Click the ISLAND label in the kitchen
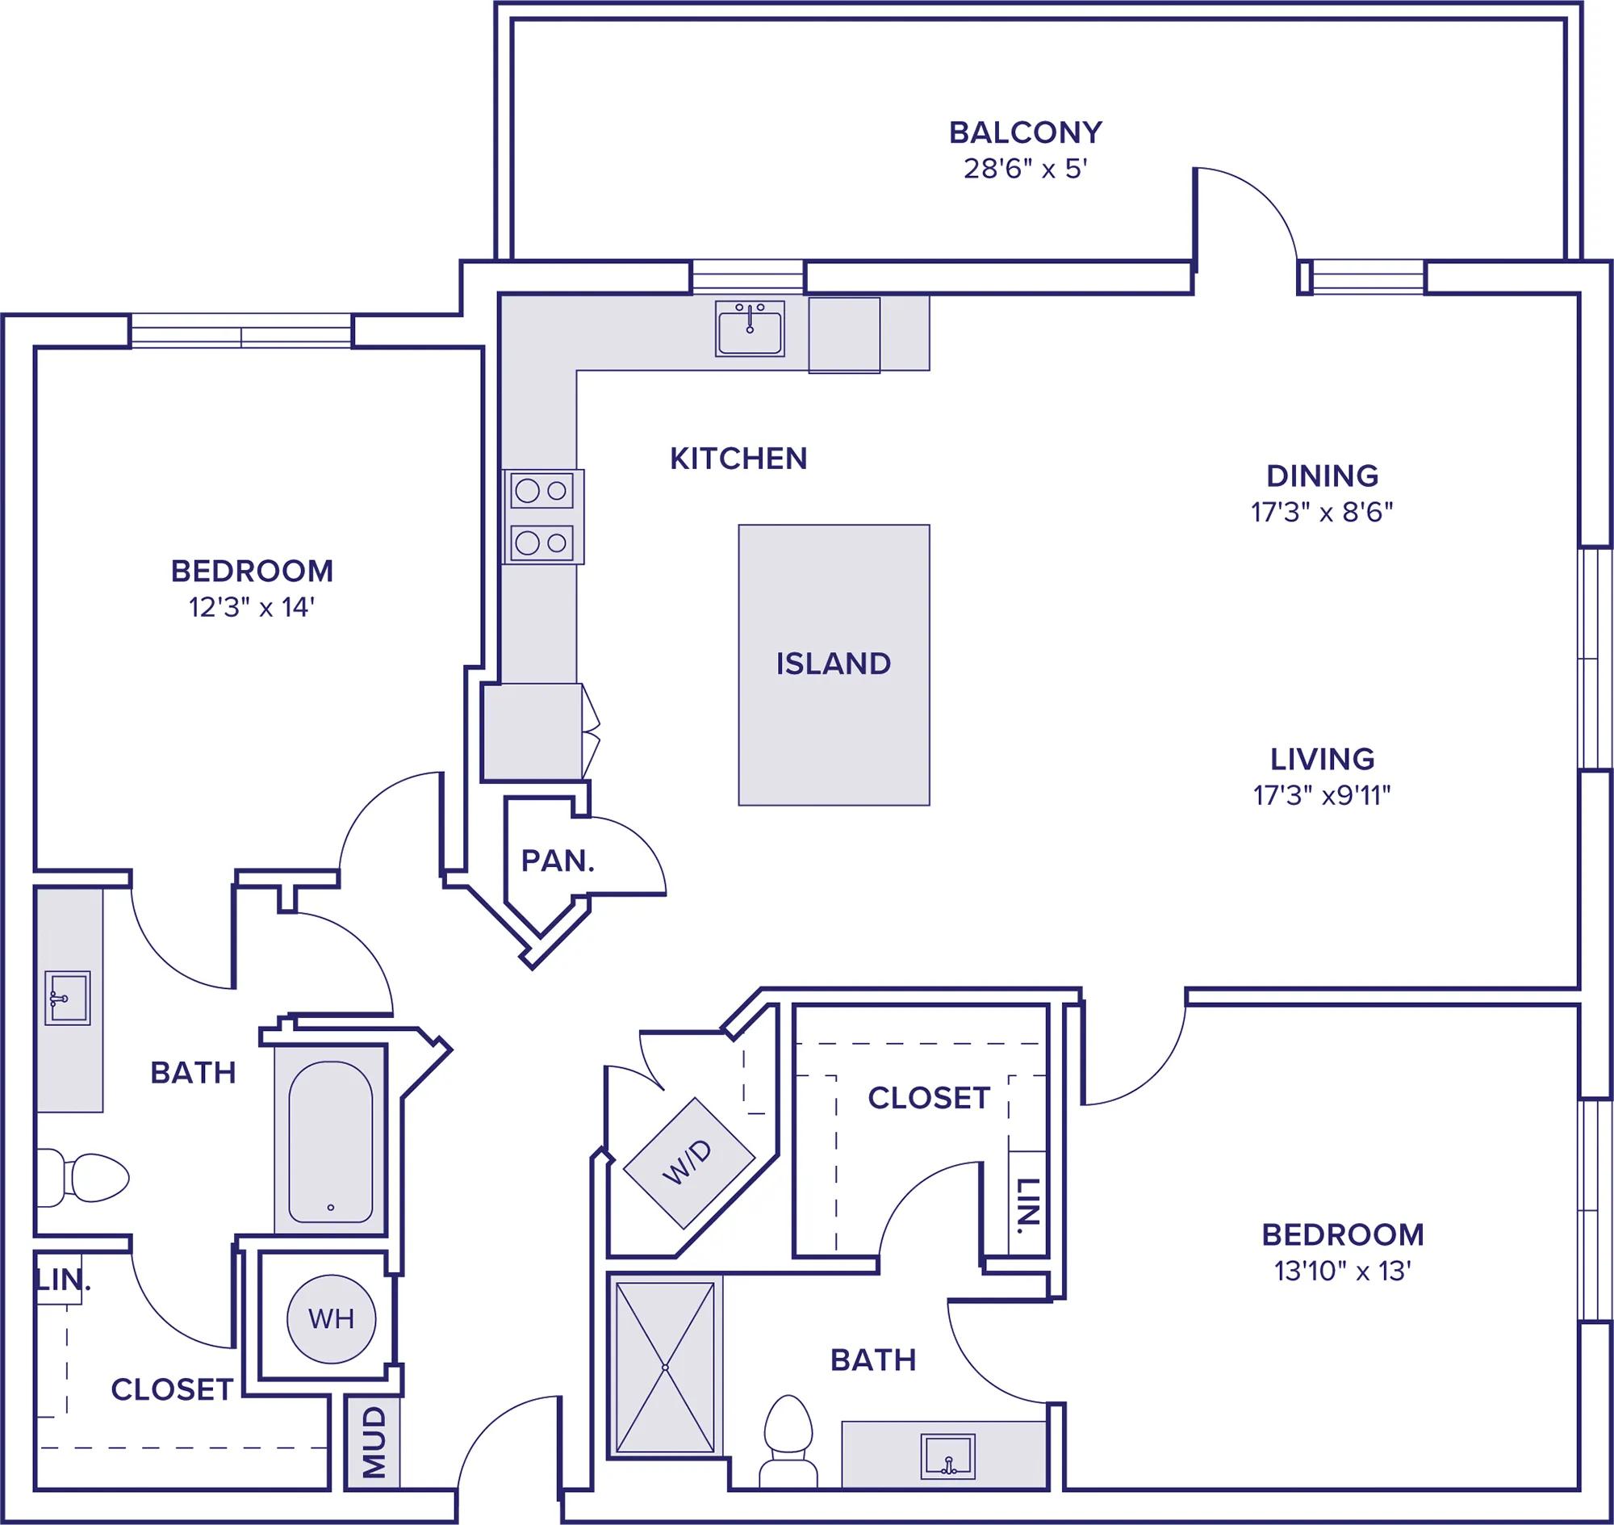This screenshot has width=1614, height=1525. pyautogui.click(x=833, y=664)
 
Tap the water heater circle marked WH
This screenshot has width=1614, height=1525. pyautogui.click(x=332, y=1318)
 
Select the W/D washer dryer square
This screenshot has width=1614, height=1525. pyautogui.click(x=689, y=1163)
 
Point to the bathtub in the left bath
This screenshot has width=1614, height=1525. pyautogui.click(x=331, y=1142)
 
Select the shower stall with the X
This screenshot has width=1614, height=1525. pyautogui.click(x=666, y=1368)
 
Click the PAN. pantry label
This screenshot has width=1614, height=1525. pyautogui.click(x=558, y=861)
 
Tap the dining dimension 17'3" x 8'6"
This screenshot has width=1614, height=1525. pyautogui.click(x=1322, y=512)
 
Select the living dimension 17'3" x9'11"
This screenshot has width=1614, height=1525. pyautogui.click(x=1322, y=795)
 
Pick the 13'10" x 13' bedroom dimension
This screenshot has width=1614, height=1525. pyautogui.click(x=1343, y=1271)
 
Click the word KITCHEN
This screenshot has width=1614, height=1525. pyautogui.click(x=738, y=459)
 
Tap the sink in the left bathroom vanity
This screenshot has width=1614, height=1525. pyautogui.click(x=67, y=999)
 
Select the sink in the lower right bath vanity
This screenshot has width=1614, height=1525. pyautogui.click(x=947, y=1456)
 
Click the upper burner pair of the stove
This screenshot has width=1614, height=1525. pyautogui.click(x=542, y=491)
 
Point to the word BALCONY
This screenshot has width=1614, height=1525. pyautogui.click(x=1026, y=132)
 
